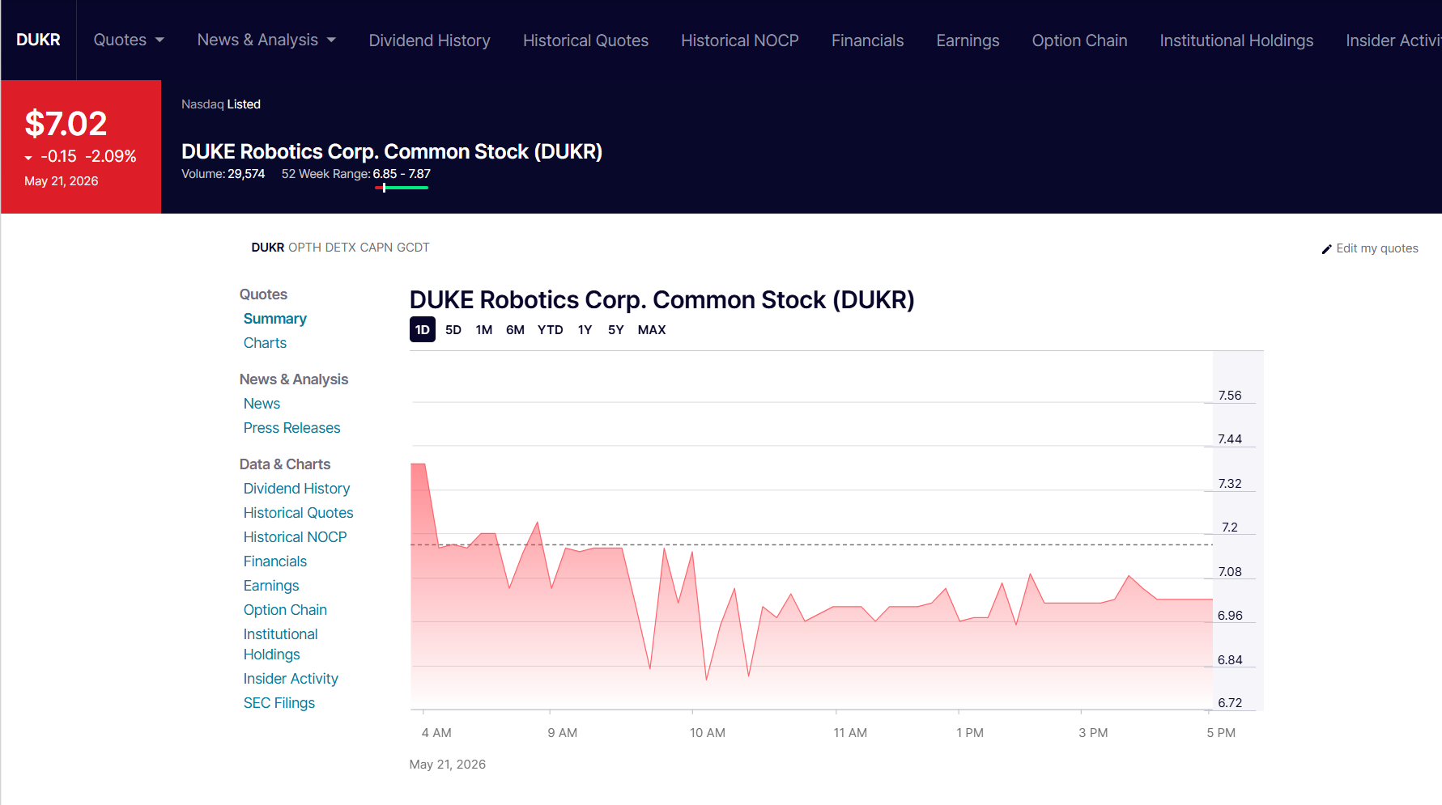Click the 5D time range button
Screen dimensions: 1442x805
pyautogui.click(x=453, y=329)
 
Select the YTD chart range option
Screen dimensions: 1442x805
pyautogui.click(x=550, y=329)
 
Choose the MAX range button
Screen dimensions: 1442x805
pyautogui.click(x=652, y=329)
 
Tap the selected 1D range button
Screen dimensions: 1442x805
pyautogui.click(x=423, y=329)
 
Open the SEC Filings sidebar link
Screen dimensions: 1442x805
pyautogui.click(x=279, y=703)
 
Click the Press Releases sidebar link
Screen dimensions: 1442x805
pyautogui.click(x=292, y=428)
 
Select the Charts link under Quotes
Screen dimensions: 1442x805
pyautogui.click(x=265, y=343)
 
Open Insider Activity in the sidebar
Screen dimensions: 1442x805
pyautogui.click(x=291, y=679)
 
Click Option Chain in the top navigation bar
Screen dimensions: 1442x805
pyautogui.click(x=1079, y=40)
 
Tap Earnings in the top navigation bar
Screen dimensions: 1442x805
pyautogui.click(x=968, y=40)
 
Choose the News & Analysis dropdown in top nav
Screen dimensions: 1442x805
pyautogui.click(x=266, y=40)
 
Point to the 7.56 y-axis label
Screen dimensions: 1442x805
pyautogui.click(x=1230, y=396)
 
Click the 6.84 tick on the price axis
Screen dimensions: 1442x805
pyautogui.click(x=1230, y=660)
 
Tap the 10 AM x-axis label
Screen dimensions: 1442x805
pyautogui.click(x=708, y=733)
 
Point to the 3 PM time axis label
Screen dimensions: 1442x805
pyautogui.click(x=1093, y=733)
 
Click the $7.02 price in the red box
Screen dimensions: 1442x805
pyautogui.click(x=66, y=124)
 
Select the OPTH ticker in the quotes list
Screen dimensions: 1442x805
pyautogui.click(x=305, y=248)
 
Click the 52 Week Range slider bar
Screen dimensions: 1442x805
pyautogui.click(x=402, y=188)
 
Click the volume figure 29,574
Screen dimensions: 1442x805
pyautogui.click(x=246, y=174)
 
